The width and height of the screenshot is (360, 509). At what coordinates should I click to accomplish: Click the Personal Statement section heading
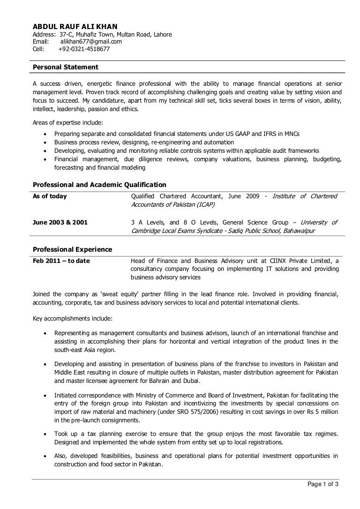pos(65,67)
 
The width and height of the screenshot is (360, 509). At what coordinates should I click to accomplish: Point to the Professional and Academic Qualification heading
pos(99,185)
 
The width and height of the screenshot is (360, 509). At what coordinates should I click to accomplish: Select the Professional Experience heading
pos(72,249)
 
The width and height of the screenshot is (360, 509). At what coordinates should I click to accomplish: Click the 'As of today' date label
pos(50,196)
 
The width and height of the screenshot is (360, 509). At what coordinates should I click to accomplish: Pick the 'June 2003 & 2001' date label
pos(60,222)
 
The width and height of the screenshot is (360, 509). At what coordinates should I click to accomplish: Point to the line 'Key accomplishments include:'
pos(73,319)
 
